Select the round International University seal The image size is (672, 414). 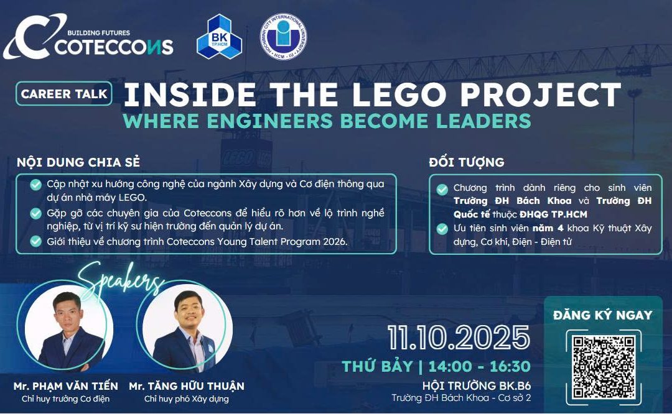pyautogui.click(x=282, y=37)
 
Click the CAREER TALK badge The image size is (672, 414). pyautogui.click(x=65, y=94)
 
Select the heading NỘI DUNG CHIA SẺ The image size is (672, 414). pyautogui.click(x=78, y=163)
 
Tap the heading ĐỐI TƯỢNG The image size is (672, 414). pyautogui.click(x=467, y=163)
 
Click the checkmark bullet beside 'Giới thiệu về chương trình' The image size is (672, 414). pyautogui.click(x=36, y=241)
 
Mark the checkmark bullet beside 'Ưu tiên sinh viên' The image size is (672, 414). pyautogui.click(x=442, y=229)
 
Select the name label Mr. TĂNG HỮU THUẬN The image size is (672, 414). pyautogui.click(x=187, y=386)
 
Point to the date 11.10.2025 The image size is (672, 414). pyautogui.click(x=459, y=338)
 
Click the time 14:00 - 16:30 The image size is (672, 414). pyautogui.click(x=483, y=366)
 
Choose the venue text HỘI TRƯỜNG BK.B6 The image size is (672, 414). pyautogui.click(x=477, y=385)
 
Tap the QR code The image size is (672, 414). pyautogui.click(x=603, y=360)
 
